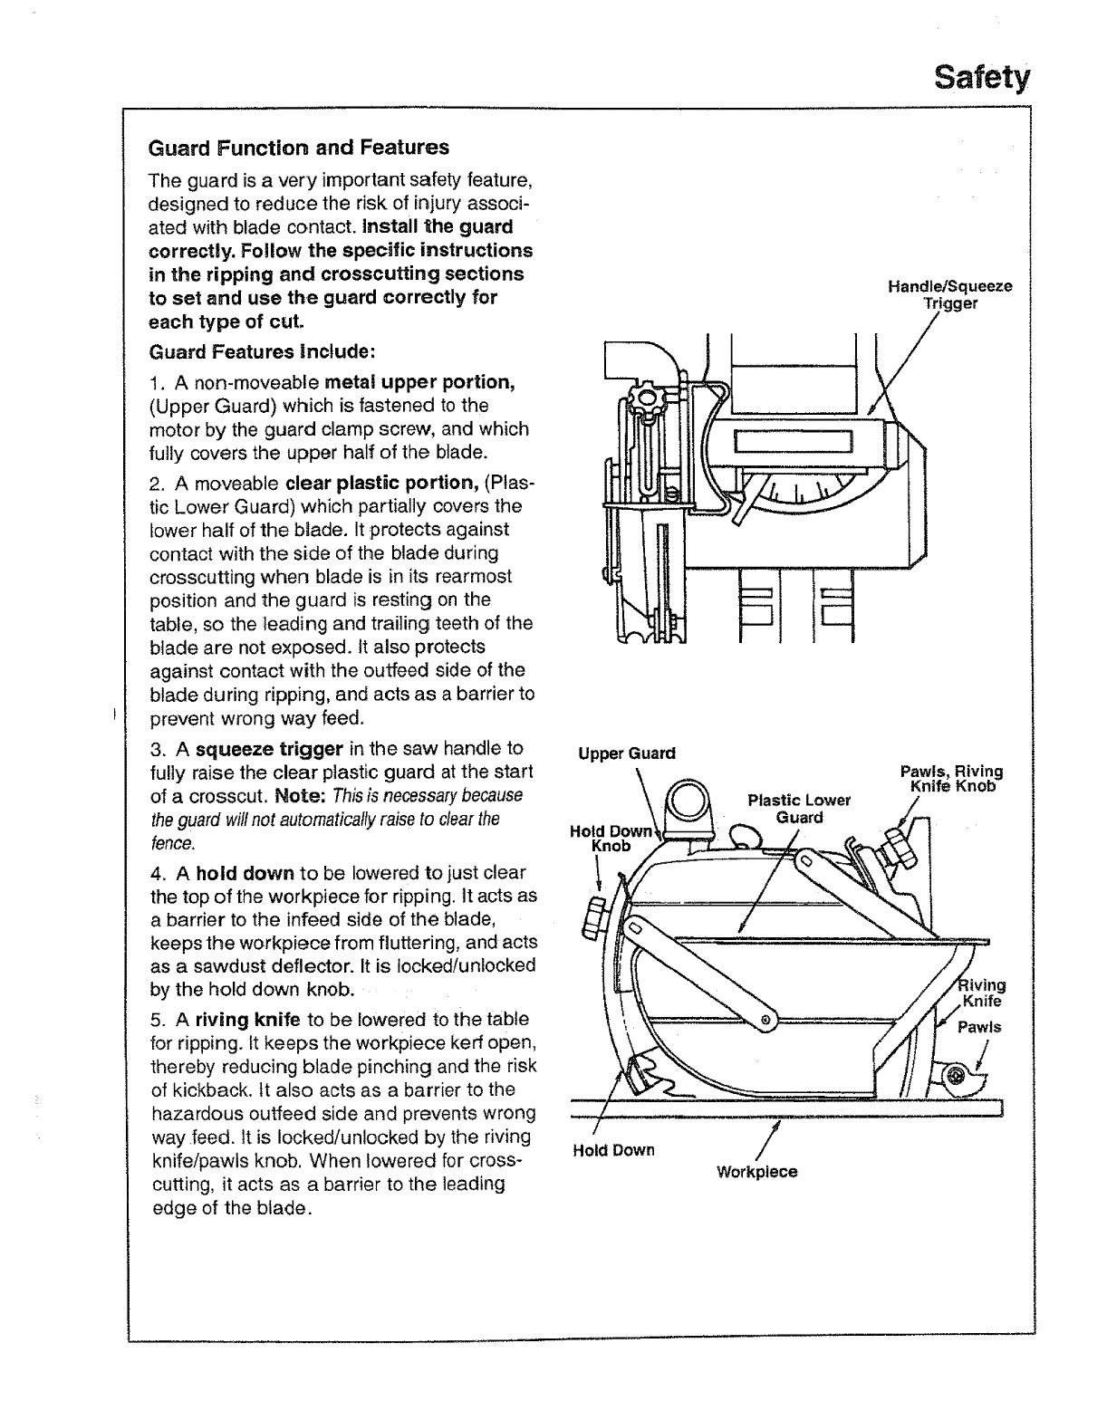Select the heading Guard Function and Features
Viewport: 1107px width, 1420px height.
tap(298, 147)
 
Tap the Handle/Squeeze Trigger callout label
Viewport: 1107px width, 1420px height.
tap(949, 295)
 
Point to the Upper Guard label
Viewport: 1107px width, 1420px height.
tap(627, 753)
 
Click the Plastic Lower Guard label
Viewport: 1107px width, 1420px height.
tap(799, 809)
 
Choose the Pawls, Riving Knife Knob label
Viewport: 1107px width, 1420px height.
tap(951, 779)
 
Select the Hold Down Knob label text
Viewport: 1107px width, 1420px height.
tap(610, 838)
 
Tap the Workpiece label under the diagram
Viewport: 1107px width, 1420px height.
tap(756, 1171)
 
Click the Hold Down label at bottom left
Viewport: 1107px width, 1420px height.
tap(613, 1150)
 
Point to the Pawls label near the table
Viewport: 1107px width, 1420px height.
tap(980, 1027)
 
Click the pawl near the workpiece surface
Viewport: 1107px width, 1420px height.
tap(960, 1075)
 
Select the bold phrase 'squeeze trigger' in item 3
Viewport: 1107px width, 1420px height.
tap(269, 749)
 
